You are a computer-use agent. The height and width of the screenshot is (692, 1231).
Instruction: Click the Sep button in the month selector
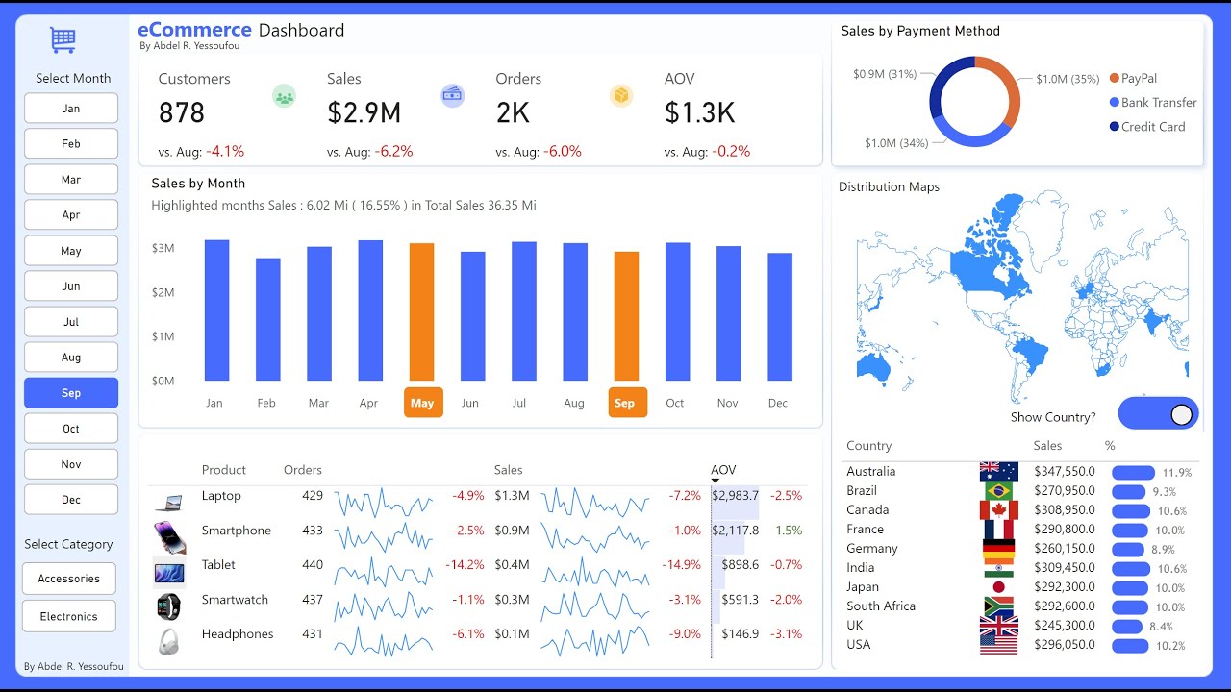click(71, 393)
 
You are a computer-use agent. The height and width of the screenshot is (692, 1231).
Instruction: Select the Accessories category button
click(69, 579)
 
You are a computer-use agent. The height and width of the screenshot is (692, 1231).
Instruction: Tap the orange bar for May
click(421, 311)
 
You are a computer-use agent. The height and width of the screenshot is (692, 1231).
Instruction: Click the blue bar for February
click(267, 319)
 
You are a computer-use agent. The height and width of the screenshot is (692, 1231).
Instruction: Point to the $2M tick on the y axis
click(163, 292)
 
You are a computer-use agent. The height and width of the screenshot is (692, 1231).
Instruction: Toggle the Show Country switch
click(1158, 414)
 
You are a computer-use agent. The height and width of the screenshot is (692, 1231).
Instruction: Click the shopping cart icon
click(63, 39)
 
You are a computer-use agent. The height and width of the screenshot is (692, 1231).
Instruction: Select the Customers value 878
click(182, 113)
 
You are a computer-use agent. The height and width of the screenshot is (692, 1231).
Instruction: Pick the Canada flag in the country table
click(999, 510)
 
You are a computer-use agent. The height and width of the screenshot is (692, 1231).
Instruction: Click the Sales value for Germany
click(1064, 549)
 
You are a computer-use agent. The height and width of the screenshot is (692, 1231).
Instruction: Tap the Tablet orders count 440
click(313, 565)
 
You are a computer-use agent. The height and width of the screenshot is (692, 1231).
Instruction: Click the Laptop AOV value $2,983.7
click(735, 496)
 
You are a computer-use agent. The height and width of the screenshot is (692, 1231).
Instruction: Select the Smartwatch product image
click(168, 606)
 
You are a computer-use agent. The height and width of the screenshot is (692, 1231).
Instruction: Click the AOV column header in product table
click(723, 470)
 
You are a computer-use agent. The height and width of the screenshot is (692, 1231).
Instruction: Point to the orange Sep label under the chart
click(625, 403)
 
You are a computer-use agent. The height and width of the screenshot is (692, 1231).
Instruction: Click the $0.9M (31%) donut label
click(884, 74)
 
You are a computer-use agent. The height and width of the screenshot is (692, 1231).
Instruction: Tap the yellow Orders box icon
click(621, 95)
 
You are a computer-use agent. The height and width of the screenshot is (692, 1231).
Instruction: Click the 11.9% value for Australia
click(1176, 473)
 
